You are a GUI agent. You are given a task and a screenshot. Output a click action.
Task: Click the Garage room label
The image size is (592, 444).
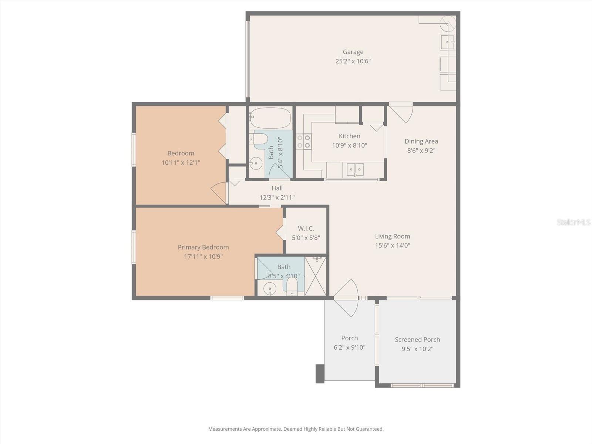(x=353, y=52)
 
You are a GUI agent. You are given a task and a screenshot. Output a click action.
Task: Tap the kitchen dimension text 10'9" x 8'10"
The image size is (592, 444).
(x=349, y=145)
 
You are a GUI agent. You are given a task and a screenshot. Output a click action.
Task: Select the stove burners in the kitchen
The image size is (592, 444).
(x=303, y=141)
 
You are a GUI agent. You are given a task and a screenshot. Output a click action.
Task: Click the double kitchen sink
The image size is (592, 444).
(x=355, y=169)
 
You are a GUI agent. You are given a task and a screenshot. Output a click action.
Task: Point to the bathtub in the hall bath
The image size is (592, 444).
(x=270, y=118)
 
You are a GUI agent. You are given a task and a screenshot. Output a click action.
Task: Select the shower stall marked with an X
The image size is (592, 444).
(x=315, y=276)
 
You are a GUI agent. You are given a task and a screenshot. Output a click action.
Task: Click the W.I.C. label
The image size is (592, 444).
(x=306, y=229)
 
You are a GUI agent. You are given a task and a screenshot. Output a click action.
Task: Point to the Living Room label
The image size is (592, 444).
(x=392, y=236)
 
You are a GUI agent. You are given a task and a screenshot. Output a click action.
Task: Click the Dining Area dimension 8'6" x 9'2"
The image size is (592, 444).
(x=421, y=151)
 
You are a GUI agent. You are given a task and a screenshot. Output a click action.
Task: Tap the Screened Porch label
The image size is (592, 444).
(x=417, y=339)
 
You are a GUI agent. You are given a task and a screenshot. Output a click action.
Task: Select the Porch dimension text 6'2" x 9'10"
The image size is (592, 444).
(x=349, y=347)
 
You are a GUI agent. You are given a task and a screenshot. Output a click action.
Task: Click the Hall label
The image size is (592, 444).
(x=277, y=188)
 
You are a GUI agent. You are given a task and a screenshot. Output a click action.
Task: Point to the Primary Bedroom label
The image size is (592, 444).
(x=203, y=247)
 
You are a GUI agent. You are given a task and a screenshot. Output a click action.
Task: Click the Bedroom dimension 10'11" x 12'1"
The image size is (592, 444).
(x=181, y=162)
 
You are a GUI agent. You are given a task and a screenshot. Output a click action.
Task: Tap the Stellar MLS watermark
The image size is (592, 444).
(x=573, y=222)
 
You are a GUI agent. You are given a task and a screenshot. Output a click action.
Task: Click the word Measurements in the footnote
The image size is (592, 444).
(x=224, y=429)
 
